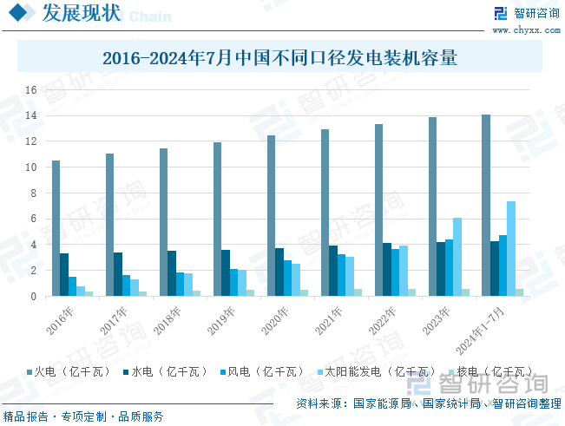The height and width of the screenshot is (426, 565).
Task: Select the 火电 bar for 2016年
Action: click(x=56, y=228)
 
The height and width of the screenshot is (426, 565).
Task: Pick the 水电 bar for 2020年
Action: click(x=279, y=272)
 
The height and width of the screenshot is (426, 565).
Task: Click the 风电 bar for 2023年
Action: click(x=449, y=268)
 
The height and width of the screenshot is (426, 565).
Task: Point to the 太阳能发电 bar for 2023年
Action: click(x=457, y=257)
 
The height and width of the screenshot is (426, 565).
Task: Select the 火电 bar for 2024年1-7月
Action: click(x=486, y=206)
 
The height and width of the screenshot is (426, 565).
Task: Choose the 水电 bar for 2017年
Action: click(x=118, y=274)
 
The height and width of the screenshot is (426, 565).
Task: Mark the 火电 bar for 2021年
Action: click(x=325, y=213)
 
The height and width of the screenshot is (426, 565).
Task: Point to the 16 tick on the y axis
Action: click(x=30, y=90)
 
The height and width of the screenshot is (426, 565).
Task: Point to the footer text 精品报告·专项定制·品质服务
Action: click(x=84, y=416)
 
